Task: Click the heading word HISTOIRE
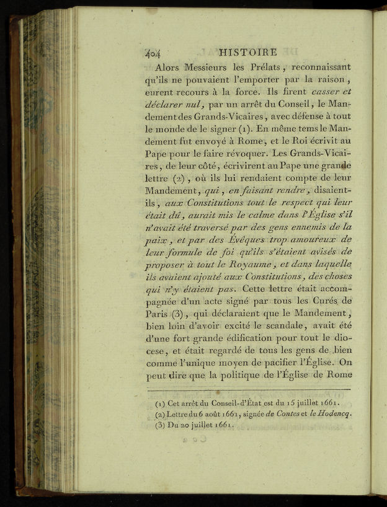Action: pyautogui.click(x=247, y=52)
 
